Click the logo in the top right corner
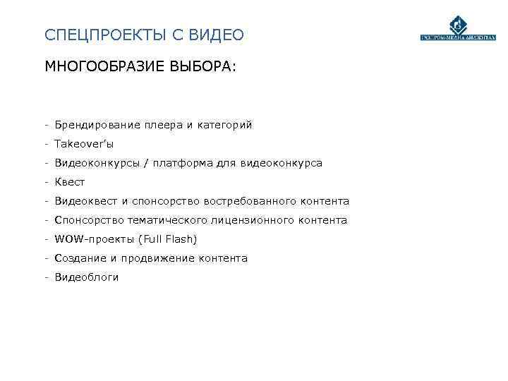(459, 31)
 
